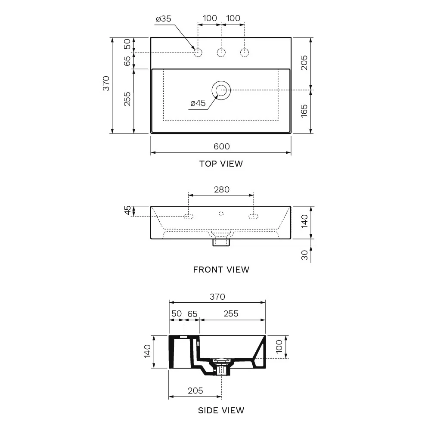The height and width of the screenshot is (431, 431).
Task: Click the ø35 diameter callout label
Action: tap(164, 19)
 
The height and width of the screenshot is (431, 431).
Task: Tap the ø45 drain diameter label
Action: tap(198, 103)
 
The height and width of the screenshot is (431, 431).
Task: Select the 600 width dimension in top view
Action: tap(222, 146)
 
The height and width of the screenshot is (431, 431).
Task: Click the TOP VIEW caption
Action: tap(221, 164)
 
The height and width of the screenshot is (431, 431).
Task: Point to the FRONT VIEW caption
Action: tap(221, 270)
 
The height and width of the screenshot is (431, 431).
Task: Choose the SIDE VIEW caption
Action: tap(221, 410)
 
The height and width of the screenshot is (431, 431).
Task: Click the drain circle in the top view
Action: tap(221, 90)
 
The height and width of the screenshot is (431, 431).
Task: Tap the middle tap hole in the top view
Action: tap(221, 53)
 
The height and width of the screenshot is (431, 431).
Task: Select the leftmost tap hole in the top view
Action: tap(198, 53)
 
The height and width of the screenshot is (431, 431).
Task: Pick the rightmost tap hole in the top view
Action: tap(245, 53)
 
